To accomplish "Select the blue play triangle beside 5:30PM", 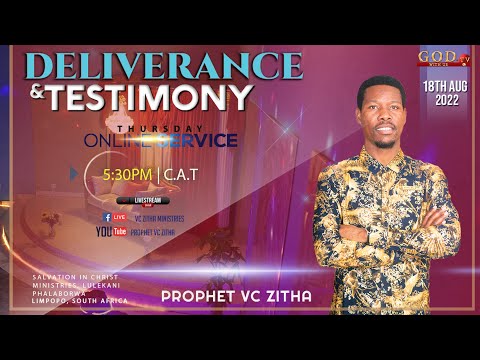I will (x=75, y=173).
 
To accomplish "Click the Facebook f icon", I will (x=108, y=216).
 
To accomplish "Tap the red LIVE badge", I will (x=120, y=216).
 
